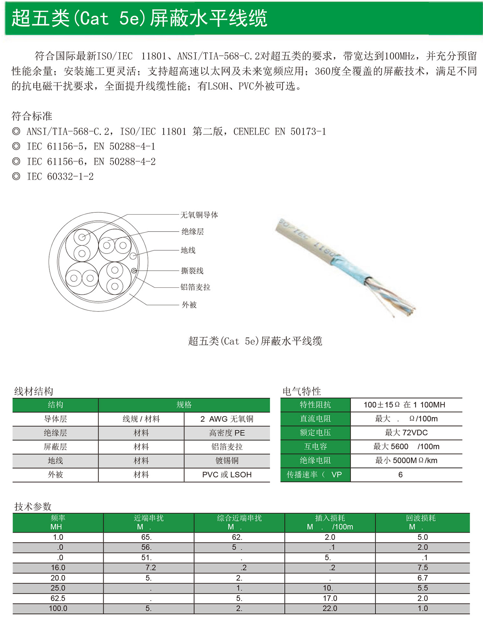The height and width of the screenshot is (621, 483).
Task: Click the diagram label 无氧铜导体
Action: pos(199,215)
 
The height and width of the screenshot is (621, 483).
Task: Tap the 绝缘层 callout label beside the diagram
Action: pos(192,232)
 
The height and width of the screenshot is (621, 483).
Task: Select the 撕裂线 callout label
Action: pos(192,271)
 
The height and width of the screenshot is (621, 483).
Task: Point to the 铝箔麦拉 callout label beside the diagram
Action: pos(195,287)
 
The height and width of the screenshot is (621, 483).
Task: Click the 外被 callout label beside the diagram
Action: pos(189,305)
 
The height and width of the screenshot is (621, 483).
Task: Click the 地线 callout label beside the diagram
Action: pos(188,250)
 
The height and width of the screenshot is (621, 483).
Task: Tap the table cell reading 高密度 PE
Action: pos(227,433)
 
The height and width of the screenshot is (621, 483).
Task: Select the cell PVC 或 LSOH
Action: pos(227,475)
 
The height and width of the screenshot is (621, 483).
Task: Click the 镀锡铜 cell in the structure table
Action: pos(227,461)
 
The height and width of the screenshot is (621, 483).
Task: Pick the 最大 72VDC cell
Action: pos(406,432)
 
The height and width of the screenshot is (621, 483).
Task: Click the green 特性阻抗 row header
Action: pos(315,405)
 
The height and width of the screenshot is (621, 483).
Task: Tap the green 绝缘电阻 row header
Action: pos(315,460)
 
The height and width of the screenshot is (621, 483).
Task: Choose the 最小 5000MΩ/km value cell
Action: pos(406,460)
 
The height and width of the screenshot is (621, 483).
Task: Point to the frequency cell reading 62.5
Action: pos(58,598)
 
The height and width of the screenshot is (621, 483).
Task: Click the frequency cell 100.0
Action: pos(58,608)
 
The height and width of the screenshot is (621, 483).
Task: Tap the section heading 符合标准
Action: pos(32,116)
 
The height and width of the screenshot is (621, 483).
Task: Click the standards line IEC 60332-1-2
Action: pos(60,177)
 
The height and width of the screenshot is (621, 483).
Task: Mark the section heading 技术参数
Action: pos(33,507)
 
